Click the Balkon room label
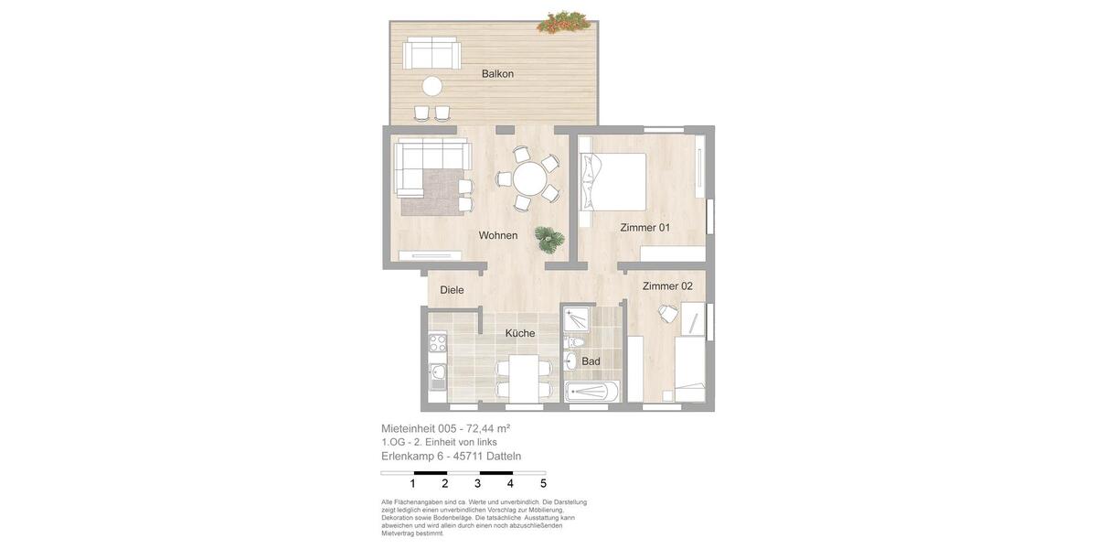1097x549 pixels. click(497, 74)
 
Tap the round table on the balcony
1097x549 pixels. click(431, 86)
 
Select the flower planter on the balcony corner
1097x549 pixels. click(563, 22)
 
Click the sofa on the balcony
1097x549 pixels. click(431, 54)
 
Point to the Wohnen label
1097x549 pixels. click(497, 236)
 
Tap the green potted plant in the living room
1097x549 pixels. click(548, 240)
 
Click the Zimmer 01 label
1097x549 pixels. click(644, 228)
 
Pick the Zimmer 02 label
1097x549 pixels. click(667, 286)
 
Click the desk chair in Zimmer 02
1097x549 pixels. click(668, 314)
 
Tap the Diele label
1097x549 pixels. click(452, 290)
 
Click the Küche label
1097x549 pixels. click(519, 333)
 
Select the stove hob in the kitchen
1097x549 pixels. click(438, 344)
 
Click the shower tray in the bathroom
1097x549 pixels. click(576, 319)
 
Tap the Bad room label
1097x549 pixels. click(591, 361)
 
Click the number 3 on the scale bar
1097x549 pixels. click(477, 484)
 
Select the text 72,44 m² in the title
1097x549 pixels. click(487, 428)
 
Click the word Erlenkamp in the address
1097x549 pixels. click(407, 457)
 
